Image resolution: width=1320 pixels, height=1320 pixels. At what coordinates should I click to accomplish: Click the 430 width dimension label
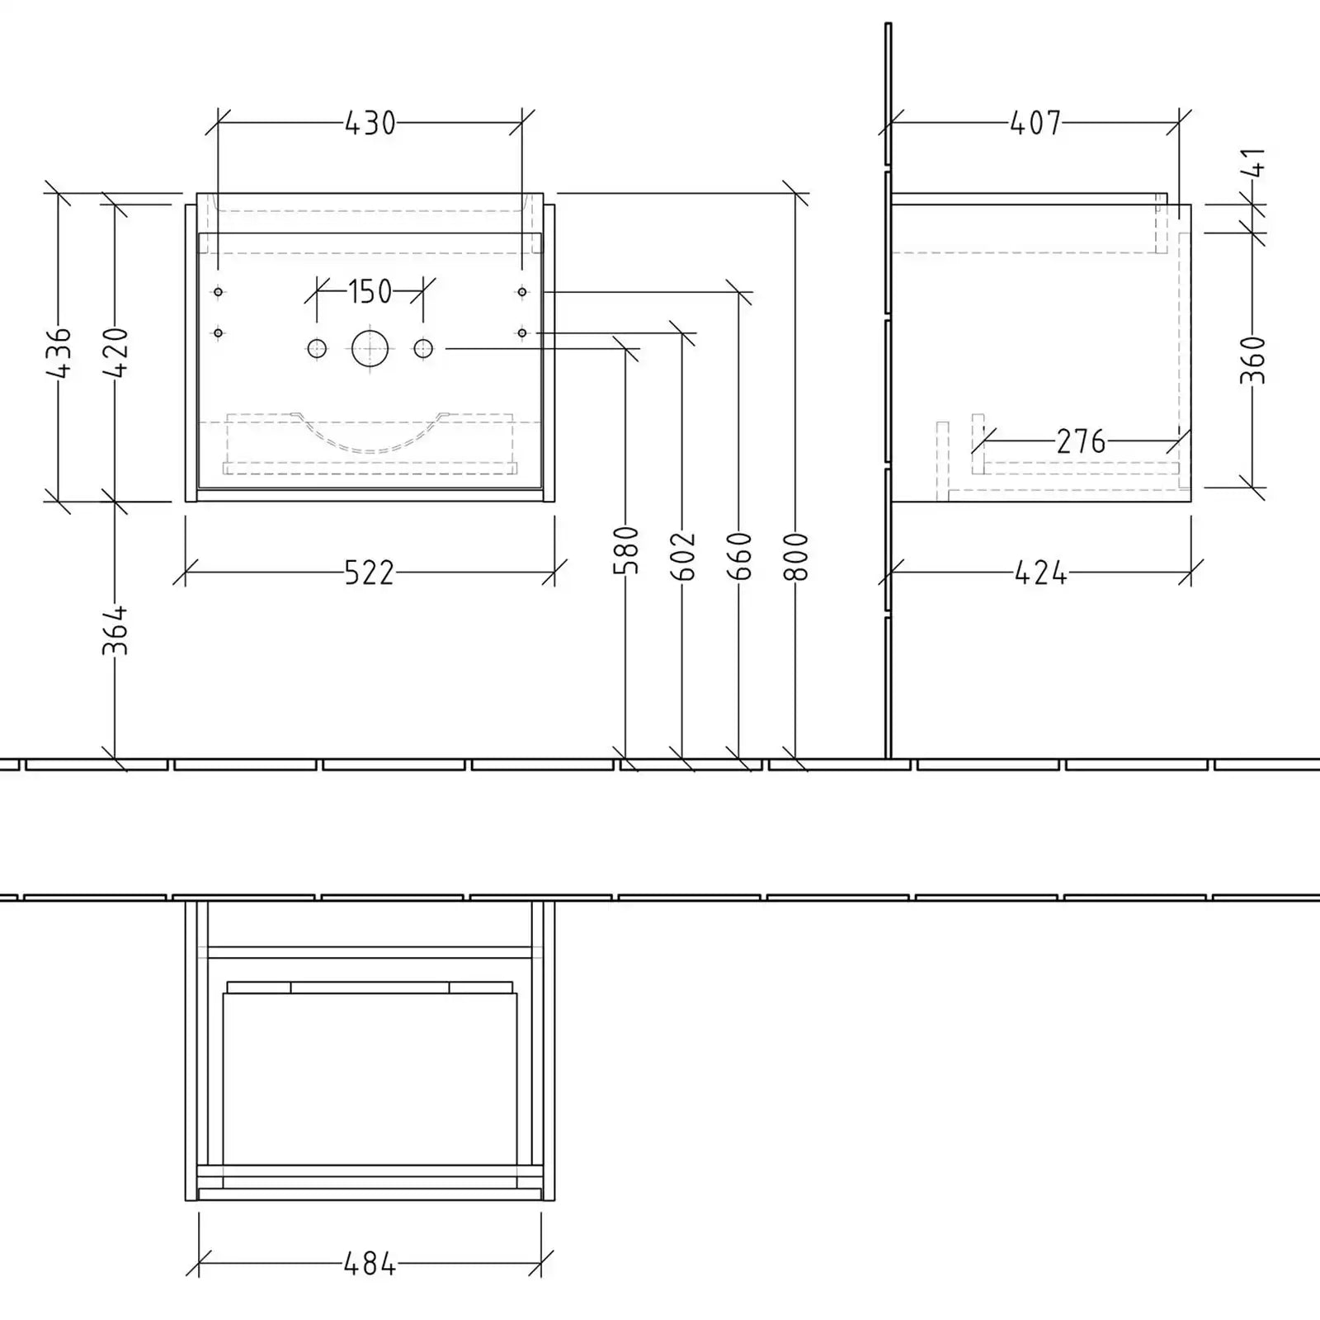click(370, 124)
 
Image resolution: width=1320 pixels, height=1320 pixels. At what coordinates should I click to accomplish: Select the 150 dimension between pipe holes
click(370, 291)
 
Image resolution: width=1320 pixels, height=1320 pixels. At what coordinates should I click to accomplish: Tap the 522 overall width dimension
click(369, 573)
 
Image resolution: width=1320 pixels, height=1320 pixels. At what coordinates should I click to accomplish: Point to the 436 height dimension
click(59, 352)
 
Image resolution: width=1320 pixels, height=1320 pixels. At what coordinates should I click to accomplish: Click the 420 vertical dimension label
click(115, 352)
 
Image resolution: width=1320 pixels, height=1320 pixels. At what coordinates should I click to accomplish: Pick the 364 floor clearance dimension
click(115, 630)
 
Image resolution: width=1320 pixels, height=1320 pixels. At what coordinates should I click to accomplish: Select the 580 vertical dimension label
click(627, 550)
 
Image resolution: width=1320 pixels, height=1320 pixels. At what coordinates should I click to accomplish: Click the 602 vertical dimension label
click(683, 556)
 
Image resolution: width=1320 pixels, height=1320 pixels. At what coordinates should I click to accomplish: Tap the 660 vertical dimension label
click(739, 556)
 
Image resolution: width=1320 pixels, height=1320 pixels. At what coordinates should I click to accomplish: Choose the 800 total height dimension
click(795, 556)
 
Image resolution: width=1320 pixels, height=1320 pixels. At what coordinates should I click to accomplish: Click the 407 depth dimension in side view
click(1035, 124)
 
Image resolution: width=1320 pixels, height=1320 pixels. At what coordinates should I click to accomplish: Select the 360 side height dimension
click(1252, 360)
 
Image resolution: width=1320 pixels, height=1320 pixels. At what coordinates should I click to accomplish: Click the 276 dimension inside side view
click(1081, 442)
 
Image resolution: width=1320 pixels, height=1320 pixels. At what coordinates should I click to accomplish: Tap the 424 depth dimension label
click(1040, 573)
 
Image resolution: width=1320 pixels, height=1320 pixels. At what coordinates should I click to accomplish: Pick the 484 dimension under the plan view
click(370, 1263)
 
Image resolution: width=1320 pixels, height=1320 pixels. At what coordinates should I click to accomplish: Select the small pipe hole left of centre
click(317, 348)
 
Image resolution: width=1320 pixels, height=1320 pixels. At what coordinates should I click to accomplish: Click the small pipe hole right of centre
click(423, 348)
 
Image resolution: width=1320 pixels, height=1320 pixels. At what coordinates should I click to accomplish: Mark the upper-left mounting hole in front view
click(218, 291)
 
